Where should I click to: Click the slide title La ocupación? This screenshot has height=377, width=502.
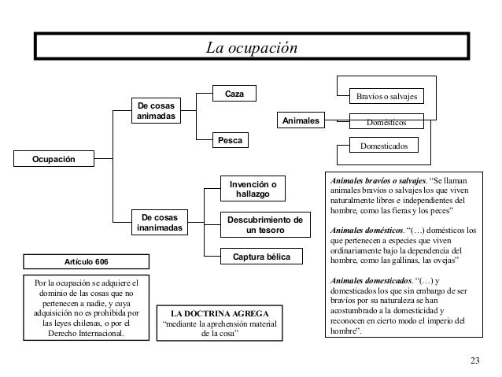coord(252,48)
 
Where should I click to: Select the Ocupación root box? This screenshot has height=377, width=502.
coord(54,160)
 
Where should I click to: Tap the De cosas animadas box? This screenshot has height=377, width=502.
coord(156,111)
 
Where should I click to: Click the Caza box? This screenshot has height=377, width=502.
coord(234,94)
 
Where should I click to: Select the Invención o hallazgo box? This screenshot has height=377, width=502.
coord(253,187)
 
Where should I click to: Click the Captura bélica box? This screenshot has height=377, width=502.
coord(257,257)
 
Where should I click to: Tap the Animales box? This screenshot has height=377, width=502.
coord(300,121)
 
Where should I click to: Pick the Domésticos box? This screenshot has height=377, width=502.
coord(386,122)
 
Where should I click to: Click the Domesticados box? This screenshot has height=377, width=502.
coord(384,146)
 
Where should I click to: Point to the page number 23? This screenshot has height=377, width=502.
coord(473,360)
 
